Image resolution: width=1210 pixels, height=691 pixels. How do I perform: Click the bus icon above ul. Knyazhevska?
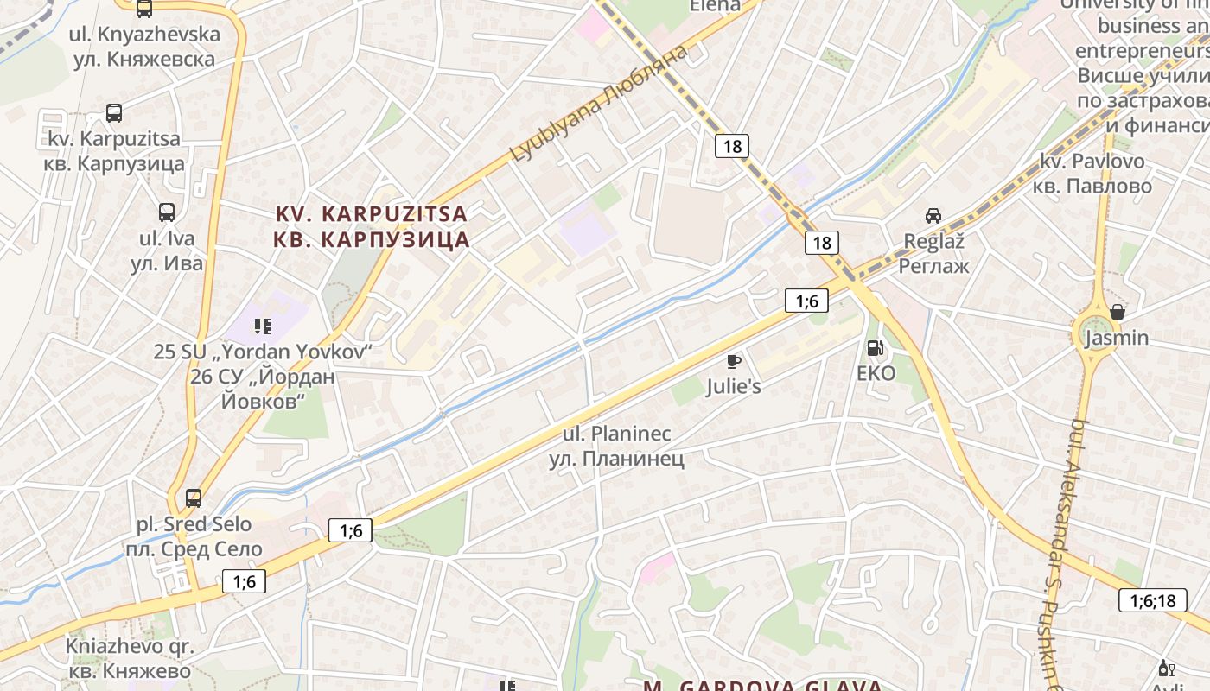click(144, 10)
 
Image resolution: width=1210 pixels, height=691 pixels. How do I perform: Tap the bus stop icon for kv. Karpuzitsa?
click(114, 112)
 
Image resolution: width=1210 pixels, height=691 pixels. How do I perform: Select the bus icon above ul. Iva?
click(167, 212)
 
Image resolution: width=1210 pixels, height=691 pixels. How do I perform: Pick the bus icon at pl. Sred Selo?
click(194, 498)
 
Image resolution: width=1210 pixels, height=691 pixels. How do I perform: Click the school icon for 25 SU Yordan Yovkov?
click(263, 326)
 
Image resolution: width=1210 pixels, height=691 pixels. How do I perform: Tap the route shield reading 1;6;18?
click(1153, 600)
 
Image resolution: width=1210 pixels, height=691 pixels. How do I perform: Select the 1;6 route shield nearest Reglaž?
click(806, 301)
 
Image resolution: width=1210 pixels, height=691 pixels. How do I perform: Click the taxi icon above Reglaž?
click(933, 216)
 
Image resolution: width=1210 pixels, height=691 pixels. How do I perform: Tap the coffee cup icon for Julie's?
click(734, 361)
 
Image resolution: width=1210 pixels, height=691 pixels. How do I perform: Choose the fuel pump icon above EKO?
click(876, 348)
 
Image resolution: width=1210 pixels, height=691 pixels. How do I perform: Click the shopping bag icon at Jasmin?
click(1117, 312)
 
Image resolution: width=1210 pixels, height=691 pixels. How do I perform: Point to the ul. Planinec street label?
click(616, 446)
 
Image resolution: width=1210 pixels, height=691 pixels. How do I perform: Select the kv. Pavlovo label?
click(1095, 174)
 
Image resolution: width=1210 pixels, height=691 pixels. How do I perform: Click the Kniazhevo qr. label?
click(130, 658)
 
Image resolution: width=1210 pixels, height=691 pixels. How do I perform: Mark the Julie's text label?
click(734, 386)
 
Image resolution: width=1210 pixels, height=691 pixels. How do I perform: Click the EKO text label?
click(876, 373)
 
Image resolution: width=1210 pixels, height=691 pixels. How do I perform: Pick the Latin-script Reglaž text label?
click(933, 241)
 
